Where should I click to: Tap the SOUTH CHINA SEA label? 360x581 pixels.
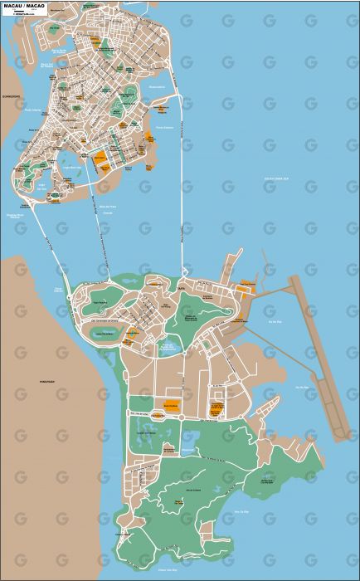pyautogui.click(x=276, y=178)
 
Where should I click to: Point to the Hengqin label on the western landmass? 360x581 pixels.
pyautogui.click(x=46, y=381)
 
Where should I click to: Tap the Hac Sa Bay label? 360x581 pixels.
pyautogui.click(x=302, y=387)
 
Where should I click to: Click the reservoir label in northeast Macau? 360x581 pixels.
pyautogui.click(x=157, y=86)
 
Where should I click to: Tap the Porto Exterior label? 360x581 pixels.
pyautogui.click(x=164, y=127)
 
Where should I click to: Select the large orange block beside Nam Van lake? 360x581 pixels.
pyautogui.click(x=100, y=156)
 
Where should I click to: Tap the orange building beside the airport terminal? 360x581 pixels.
pyautogui.click(x=246, y=286)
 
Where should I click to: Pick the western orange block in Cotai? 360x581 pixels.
pyautogui.click(x=172, y=406)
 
